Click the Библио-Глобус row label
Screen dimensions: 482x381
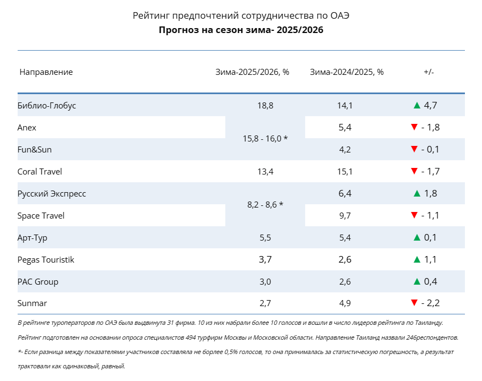click(46, 106)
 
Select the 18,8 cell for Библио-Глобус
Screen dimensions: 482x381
click(266, 106)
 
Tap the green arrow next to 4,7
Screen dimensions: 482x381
click(417, 105)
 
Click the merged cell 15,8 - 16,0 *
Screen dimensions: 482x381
click(266, 139)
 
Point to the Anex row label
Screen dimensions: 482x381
click(27, 128)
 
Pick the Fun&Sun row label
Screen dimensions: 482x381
click(34, 150)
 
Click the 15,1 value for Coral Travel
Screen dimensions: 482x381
click(345, 171)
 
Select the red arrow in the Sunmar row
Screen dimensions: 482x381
click(414, 303)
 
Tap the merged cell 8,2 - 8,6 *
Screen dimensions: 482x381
click(266, 205)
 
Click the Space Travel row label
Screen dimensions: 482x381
click(41, 216)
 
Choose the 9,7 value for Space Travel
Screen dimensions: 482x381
click(345, 216)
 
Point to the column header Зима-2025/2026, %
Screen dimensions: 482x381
click(252, 72)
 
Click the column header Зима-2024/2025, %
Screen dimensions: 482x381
click(346, 72)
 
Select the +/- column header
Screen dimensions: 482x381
click(429, 72)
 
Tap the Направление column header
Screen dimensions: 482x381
click(46, 72)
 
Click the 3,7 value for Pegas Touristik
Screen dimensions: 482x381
click(266, 260)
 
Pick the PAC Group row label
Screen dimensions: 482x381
click(38, 282)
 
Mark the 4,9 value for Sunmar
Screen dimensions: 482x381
click(345, 303)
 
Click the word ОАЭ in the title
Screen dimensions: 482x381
click(340, 15)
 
